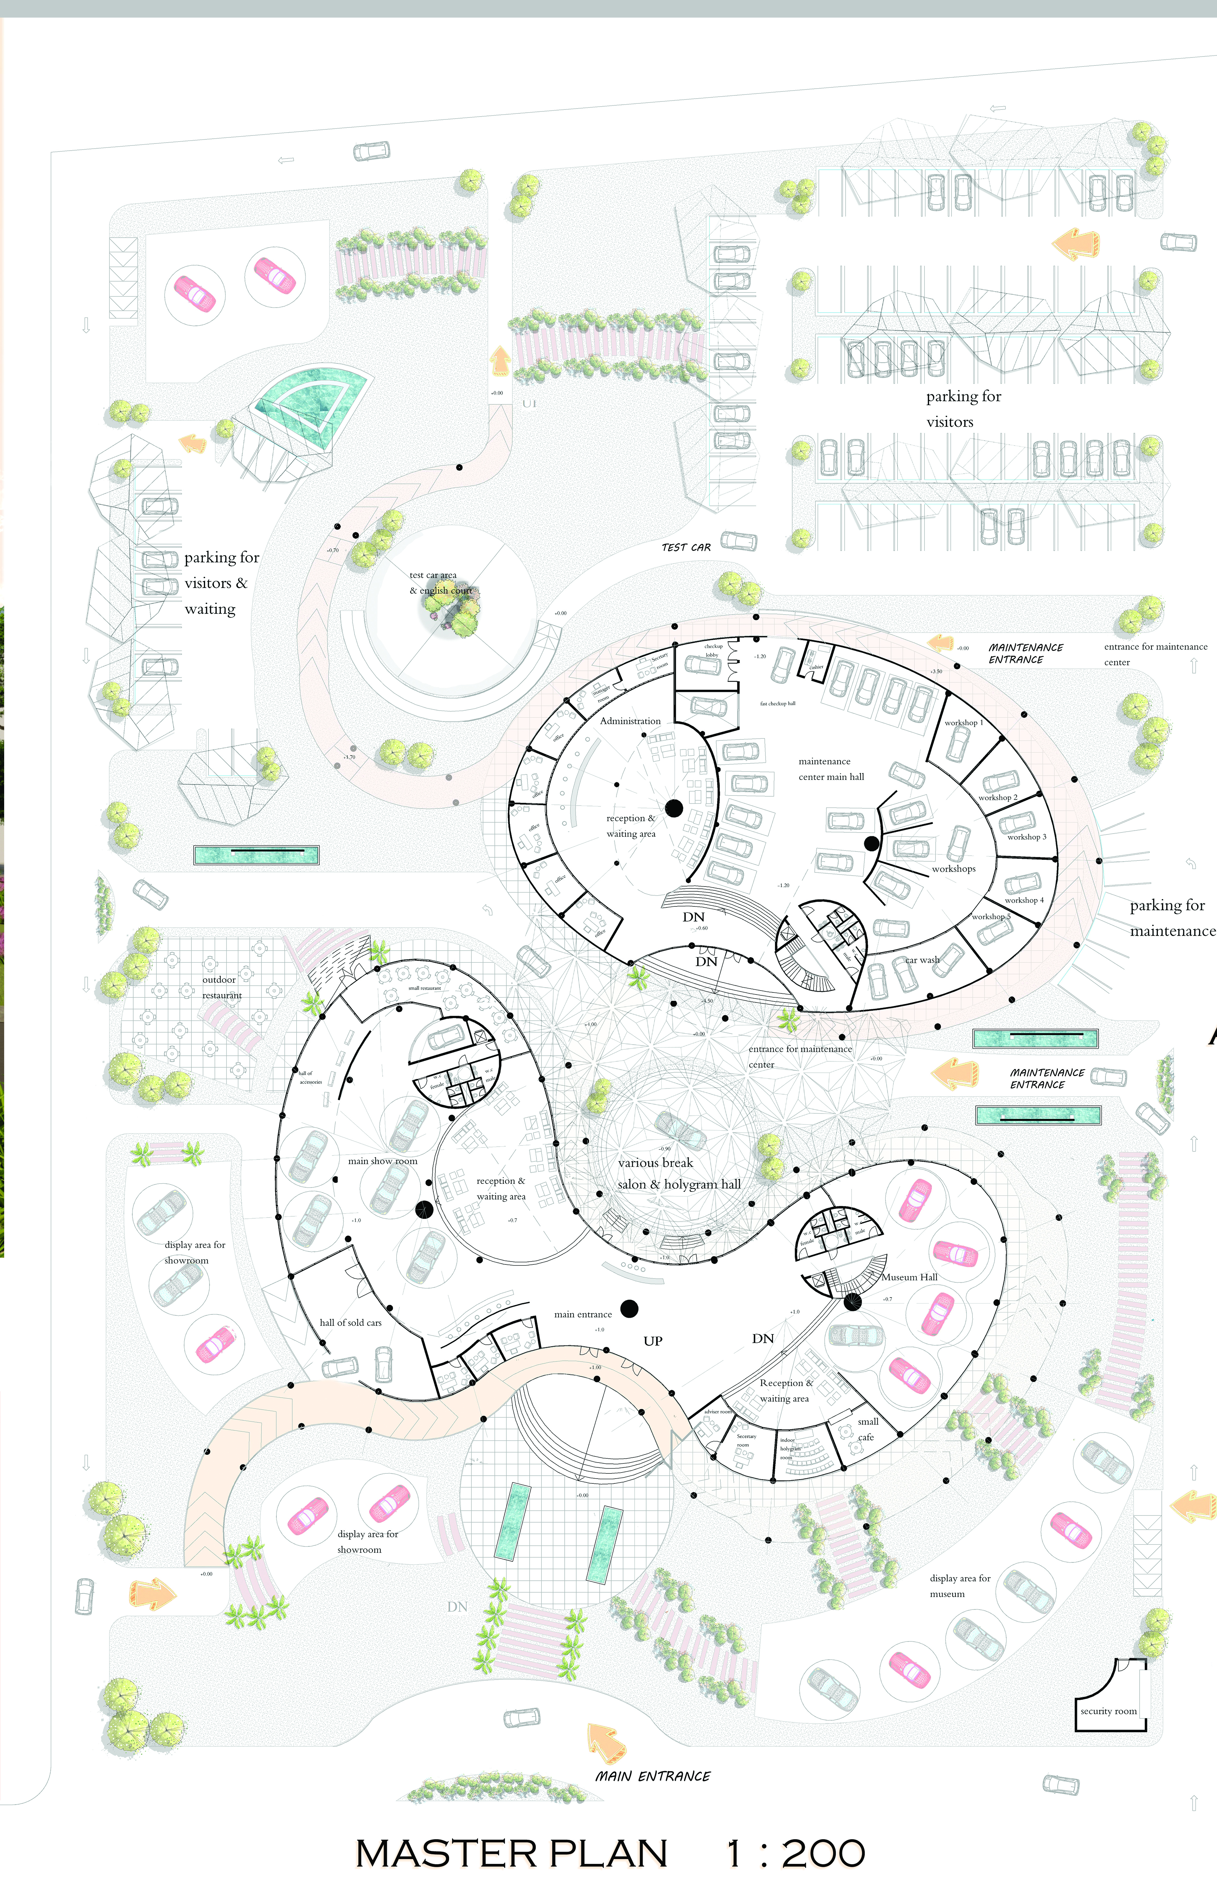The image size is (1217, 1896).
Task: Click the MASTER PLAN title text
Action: (x=511, y=1853)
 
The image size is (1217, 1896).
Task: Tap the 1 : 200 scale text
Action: (x=795, y=1853)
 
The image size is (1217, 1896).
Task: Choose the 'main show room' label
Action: (x=382, y=1161)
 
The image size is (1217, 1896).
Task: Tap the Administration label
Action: (x=630, y=721)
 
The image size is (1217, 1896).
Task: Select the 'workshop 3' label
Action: (x=1026, y=837)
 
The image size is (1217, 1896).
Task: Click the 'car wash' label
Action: (x=922, y=960)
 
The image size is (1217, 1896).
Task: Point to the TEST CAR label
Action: (x=686, y=547)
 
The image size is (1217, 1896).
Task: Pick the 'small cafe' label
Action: (x=867, y=1429)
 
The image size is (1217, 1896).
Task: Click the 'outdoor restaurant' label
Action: (x=221, y=987)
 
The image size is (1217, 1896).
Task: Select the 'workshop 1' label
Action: (x=963, y=722)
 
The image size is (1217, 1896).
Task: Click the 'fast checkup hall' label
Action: (x=778, y=703)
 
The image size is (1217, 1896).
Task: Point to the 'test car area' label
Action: (x=433, y=575)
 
